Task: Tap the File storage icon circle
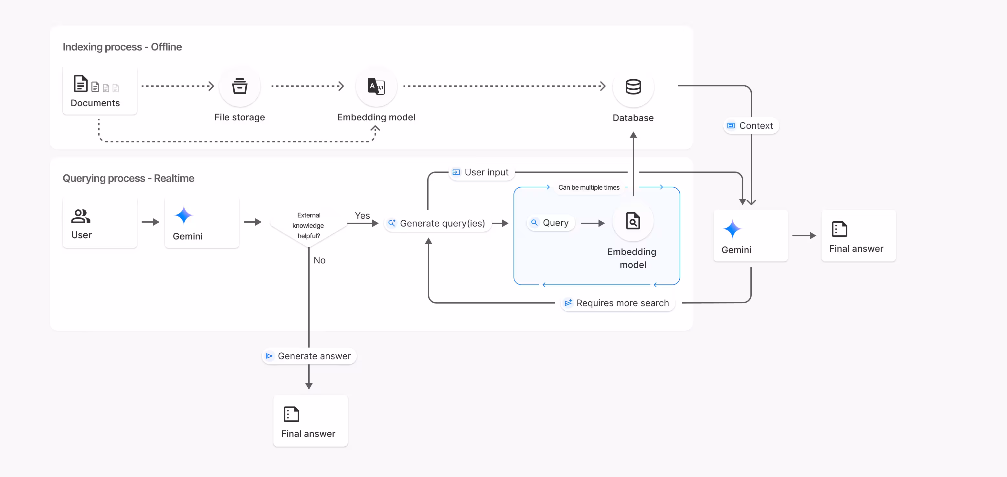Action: [240, 86]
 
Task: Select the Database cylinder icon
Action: [633, 86]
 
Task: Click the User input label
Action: [481, 172]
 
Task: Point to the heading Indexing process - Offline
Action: [122, 47]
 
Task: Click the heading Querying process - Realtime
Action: [128, 178]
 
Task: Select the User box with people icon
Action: [100, 223]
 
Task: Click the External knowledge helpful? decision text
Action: [308, 225]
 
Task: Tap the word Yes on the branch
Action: [362, 216]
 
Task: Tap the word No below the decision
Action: [319, 260]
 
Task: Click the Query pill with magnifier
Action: [550, 223]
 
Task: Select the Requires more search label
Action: [617, 303]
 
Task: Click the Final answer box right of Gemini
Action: [858, 236]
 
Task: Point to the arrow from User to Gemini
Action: [151, 222]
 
